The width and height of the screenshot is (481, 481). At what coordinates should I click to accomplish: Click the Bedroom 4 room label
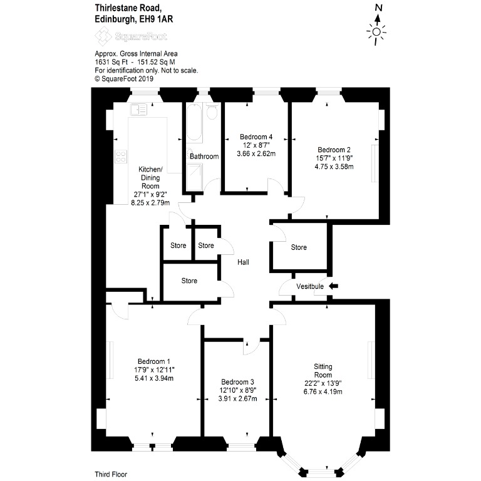256,137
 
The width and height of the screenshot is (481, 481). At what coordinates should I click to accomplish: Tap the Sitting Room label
323,371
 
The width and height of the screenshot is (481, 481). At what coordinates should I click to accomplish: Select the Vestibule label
310,286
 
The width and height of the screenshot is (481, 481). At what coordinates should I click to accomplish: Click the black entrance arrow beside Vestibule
333,286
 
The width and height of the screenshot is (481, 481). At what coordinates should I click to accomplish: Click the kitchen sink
138,110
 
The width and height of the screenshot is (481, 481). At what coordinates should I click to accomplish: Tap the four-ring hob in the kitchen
121,157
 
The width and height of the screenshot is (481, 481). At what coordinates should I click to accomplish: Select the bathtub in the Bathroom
194,122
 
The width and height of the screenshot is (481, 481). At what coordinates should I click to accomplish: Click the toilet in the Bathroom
212,111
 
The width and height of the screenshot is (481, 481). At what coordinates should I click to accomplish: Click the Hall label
243,262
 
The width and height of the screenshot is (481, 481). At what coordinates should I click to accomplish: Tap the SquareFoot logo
131,36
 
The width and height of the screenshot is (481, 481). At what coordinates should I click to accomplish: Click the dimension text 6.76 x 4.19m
323,391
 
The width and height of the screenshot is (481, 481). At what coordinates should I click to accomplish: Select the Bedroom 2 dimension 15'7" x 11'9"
334,158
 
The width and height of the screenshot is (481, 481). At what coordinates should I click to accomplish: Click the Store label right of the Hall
299,247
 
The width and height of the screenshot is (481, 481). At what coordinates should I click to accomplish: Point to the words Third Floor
111,475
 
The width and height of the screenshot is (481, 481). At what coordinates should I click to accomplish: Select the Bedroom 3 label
237,382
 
